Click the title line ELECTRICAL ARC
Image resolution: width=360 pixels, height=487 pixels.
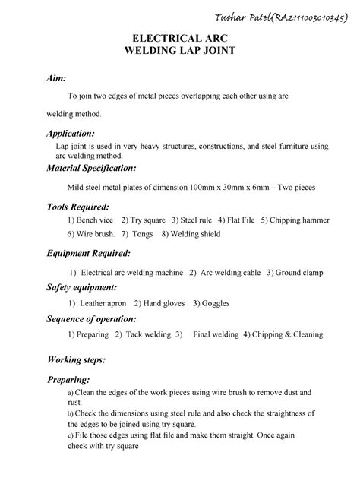coord(179,38)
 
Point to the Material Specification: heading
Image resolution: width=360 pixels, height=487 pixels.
coord(92,167)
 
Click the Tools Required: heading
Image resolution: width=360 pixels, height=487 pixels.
coord(78,206)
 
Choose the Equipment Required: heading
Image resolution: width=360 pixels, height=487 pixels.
coord(89,252)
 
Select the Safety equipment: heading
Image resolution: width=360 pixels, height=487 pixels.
coord(82,288)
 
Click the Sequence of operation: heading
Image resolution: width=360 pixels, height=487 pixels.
coord(92,318)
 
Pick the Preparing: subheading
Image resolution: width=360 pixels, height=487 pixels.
coord(69,379)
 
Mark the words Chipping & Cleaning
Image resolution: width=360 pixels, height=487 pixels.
coord(285,334)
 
